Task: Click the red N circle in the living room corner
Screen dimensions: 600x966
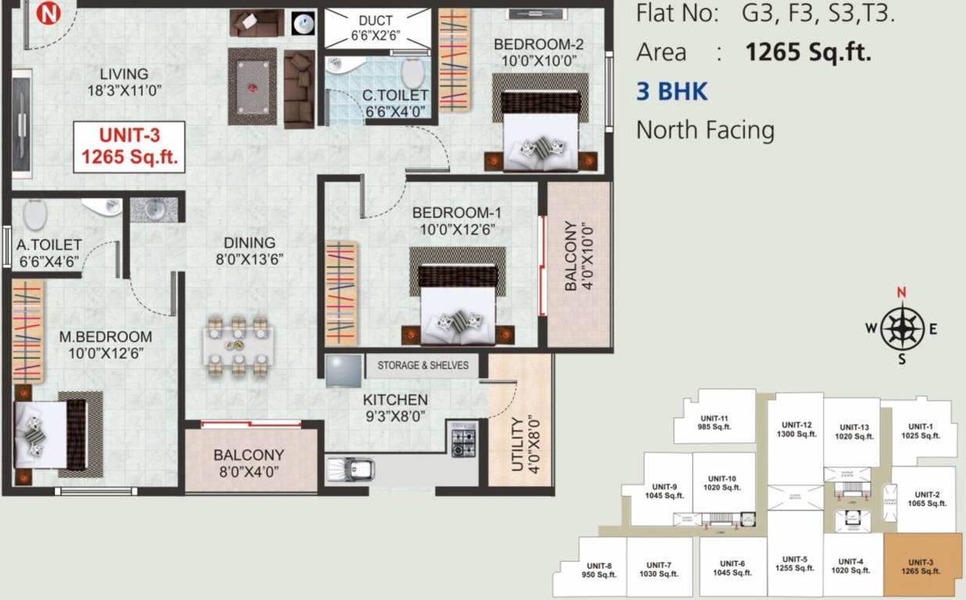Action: (49, 13)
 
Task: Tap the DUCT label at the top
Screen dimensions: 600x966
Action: (376, 20)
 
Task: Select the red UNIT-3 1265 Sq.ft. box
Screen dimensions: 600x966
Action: (130, 147)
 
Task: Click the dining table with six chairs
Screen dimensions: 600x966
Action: (238, 342)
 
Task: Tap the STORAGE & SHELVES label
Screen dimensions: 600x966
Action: (423, 365)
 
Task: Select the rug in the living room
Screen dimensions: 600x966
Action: (252, 86)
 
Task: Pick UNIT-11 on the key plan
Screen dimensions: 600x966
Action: (714, 422)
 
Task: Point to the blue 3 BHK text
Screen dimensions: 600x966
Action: (671, 91)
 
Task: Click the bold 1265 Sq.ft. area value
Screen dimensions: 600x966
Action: (807, 52)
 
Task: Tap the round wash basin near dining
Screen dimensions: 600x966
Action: (153, 209)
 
